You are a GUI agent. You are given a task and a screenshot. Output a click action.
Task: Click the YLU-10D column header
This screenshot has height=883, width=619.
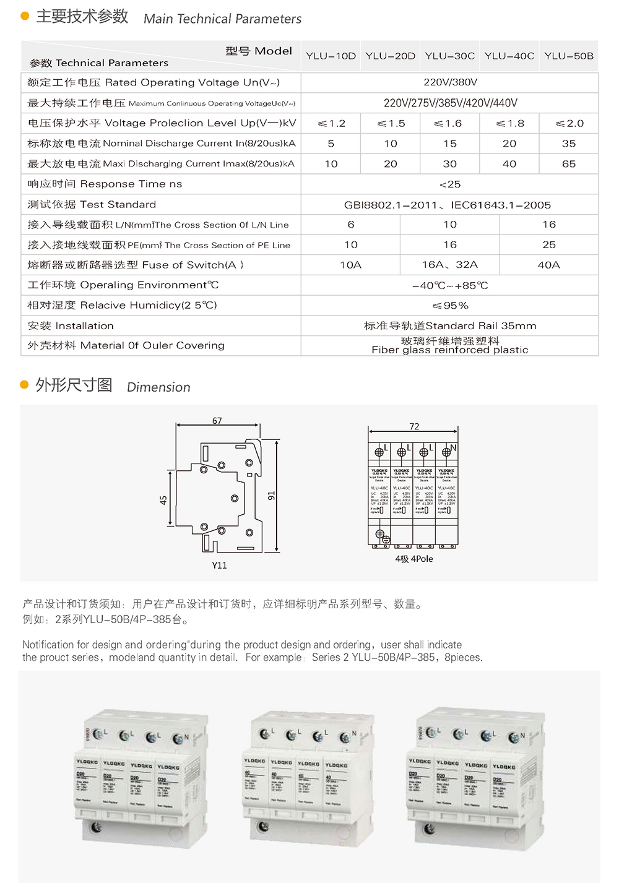pyautogui.click(x=331, y=56)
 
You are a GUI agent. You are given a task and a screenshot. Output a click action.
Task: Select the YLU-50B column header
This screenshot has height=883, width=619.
pyautogui.click(x=568, y=56)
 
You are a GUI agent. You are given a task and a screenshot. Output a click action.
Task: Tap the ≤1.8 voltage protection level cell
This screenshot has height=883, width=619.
pyautogui.click(x=509, y=123)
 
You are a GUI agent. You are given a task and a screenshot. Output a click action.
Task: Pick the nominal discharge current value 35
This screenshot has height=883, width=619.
pyautogui.click(x=568, y=144)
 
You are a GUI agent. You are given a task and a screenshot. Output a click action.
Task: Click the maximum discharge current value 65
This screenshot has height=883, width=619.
pyautogui.click(x=568, y=164)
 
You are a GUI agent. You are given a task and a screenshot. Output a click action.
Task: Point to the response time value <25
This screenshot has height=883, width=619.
pyautogui.click(x=449, y=184)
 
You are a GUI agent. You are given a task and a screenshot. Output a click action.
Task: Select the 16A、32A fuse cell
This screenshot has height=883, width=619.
pyautogui.click(x=449, y=265)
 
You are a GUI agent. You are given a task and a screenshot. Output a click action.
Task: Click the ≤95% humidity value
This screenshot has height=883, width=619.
pyautogui.click(x=449, y=306)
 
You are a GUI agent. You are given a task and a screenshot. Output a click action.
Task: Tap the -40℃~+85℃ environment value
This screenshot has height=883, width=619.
pyautogui.click(x=449, y=285)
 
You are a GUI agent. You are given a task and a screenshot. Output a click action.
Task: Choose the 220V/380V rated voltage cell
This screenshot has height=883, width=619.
pyautogui.click(x=449, y=82)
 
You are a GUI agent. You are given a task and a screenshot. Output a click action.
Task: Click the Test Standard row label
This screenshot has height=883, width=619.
pyautogui.click(x=92, y=204)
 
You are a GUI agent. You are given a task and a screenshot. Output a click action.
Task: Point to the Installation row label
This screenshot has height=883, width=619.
pyautogui.click(x=71, y=325)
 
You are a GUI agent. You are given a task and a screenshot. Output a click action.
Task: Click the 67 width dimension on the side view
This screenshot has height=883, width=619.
pyautogui.click(x=217, y=421)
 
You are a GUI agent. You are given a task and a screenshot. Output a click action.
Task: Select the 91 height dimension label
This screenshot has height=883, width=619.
pyautogui.click(x=271, y=496)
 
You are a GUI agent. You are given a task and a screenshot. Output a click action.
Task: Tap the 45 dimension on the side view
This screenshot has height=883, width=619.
pyautogui.click(x=163, y=500)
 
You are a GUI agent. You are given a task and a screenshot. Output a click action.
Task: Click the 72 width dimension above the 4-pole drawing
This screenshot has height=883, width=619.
pyautogui.click(x=414, y=426)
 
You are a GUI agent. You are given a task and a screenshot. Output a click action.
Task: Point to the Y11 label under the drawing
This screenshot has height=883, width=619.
pyautogui.click(x=219, y=565)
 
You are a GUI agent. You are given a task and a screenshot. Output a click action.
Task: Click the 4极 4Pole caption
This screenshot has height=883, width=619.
pyautogui.click(x=414, y=559)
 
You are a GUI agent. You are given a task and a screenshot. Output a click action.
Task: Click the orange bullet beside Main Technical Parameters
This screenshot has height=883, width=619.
pyautogui.click(x=25, y=16)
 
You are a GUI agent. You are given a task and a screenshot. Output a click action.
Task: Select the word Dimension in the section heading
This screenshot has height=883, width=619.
pyautogui.click(x=158, y=387)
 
